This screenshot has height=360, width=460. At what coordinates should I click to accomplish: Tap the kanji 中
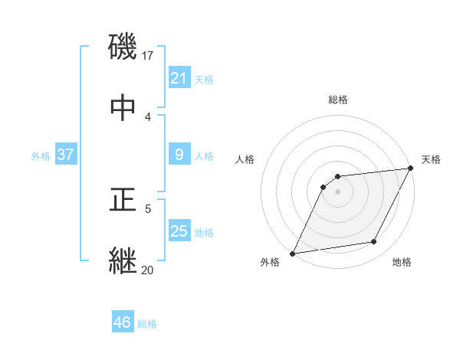[123, 108]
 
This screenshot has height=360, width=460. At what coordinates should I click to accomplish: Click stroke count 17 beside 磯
[148, 55]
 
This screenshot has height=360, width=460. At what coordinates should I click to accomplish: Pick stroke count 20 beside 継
[148, 269]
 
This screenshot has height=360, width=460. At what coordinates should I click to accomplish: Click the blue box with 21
[179, 78]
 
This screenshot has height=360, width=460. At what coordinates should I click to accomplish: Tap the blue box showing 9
[179, 155]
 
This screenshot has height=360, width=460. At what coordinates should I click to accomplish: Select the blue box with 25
[179, 231]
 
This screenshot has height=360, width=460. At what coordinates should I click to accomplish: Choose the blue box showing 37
[65, 155]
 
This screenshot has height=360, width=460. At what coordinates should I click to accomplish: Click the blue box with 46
[122, 322]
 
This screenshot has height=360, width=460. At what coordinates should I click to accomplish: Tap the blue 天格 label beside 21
[204, 80]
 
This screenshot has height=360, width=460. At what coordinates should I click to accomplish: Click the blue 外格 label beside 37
[41, 156]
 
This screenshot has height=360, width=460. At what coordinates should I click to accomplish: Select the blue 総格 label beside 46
[147, 324]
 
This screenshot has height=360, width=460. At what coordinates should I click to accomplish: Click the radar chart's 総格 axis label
[337, 100]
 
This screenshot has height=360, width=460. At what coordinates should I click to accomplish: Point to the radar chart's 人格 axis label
[245, 159]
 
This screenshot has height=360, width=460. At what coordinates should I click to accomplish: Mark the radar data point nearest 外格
[293, 253]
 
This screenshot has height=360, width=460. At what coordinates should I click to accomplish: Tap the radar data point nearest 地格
[374, 242]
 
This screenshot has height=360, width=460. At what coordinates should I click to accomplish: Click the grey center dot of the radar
[337, 191]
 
